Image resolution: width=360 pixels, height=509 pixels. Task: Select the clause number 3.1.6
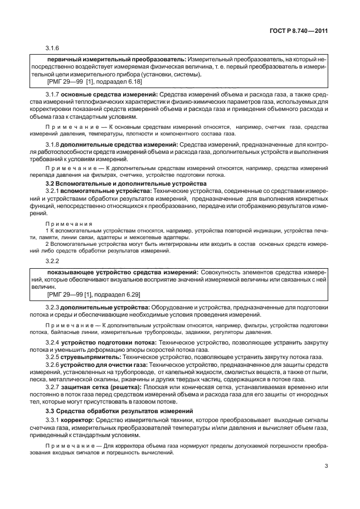[x=52, y=47]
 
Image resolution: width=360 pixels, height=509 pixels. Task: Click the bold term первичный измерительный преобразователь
[x=116, y=59]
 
